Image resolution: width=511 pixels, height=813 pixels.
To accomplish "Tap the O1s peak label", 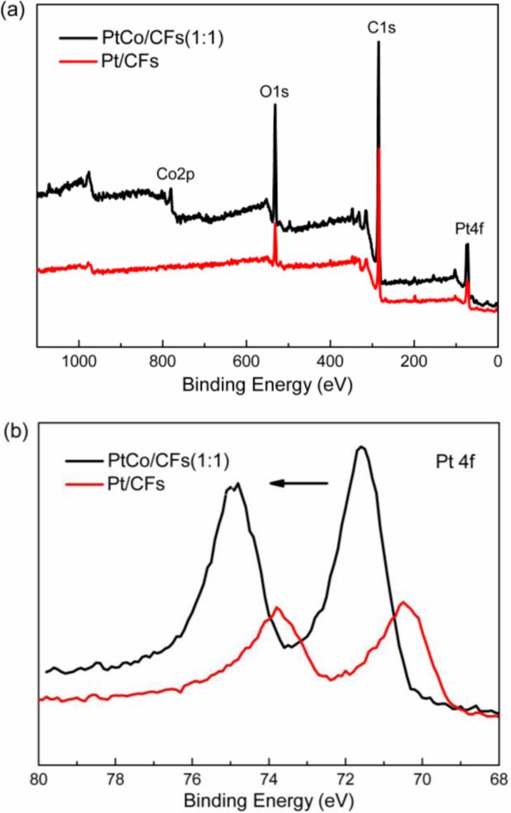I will (x=275, y=92).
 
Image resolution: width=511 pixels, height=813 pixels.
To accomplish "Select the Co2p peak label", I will (x=175, y=173).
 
